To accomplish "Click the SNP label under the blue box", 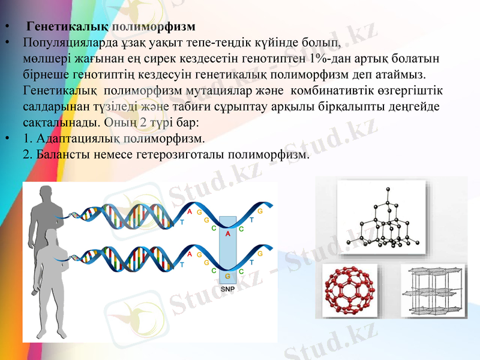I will tap(228, 289).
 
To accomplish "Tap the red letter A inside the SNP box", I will tap(228, 235).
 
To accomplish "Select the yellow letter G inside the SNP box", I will tap(228, 276).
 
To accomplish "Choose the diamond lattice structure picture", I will tap(381, 218).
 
